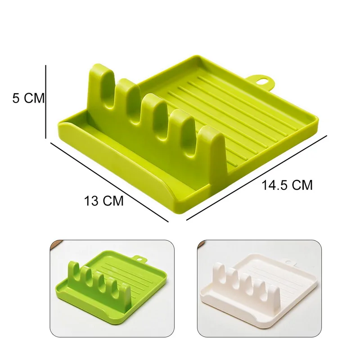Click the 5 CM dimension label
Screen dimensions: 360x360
tap(28, 98)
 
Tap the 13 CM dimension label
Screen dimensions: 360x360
tap(103, 201)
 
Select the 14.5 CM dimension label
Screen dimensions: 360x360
tap(287, 185)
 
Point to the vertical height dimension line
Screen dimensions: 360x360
tap(46, 102)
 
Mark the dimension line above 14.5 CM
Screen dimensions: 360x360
tap(256, 177)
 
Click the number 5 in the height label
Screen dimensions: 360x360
tap(16, 98)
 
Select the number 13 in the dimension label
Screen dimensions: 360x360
tap(90, 201)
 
